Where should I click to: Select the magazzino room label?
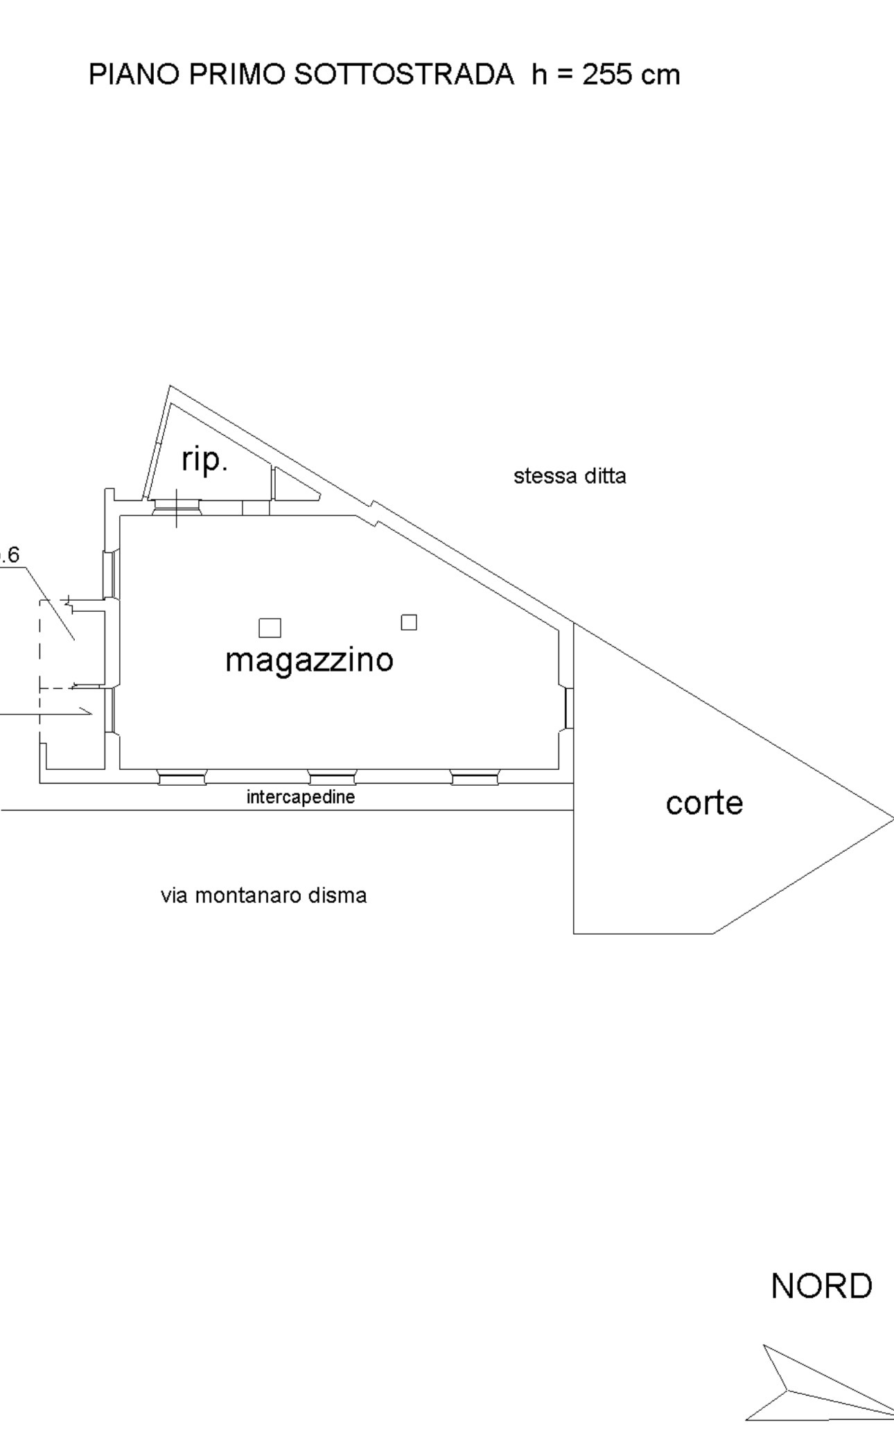(x=309, y=660)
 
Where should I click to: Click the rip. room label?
(x=204, y=459)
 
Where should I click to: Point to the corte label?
(x=704, y=803)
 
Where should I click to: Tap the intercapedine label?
(x=300, y=797)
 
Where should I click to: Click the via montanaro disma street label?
(x=263, y=895)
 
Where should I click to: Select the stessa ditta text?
(x=570, y=476)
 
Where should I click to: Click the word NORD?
(x=821, y=1286)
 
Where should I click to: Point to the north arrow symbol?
(x=811, y=1389)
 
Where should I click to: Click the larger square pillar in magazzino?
(x=270, y=628)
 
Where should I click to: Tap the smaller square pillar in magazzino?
(x=409, y=622)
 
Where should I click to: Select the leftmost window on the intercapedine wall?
(x=182, y=777)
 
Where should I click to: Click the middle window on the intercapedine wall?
(x=331, y=777)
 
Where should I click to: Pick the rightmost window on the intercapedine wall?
(x=475, y=777)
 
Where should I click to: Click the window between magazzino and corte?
(x=568, y=707)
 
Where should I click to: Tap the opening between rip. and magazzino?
(x=177, y=508)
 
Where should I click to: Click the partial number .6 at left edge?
(x=10, y=555)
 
